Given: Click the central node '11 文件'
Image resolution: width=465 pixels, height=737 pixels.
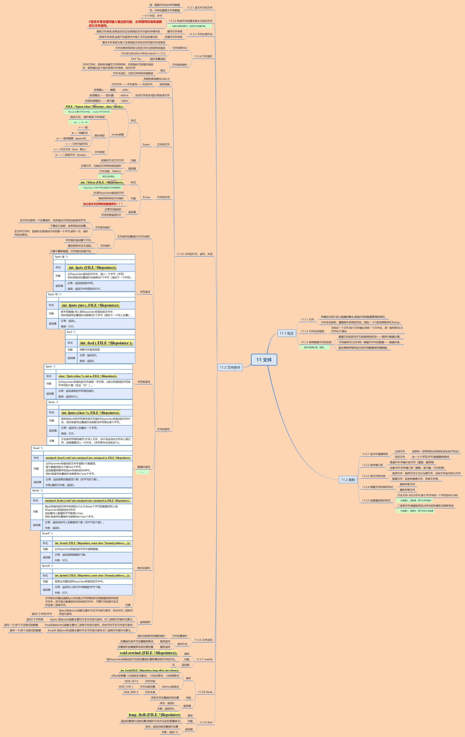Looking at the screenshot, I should coord(264,360).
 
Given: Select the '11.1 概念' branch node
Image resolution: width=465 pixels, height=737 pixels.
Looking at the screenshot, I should coord(287,333).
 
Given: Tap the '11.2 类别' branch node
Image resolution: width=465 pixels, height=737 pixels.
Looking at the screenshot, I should coord(348,480).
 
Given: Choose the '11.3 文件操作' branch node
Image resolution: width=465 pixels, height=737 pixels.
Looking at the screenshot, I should coord(230,367).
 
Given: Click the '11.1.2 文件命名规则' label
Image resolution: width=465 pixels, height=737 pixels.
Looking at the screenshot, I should coord(312,331).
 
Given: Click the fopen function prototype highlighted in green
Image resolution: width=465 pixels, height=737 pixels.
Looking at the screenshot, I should coord(94,106).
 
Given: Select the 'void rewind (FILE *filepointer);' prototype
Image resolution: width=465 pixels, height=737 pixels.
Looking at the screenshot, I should coord(148,653).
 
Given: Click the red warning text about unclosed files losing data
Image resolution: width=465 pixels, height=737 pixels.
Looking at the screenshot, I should coord(103,204).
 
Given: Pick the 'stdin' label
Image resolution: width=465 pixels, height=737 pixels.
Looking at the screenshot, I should coord(125,90).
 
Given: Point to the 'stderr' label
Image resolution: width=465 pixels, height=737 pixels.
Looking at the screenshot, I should coord(125,101).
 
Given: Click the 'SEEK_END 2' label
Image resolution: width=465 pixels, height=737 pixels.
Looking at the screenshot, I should coord(131,692).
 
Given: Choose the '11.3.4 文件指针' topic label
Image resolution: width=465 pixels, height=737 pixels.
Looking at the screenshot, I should coord(203,56).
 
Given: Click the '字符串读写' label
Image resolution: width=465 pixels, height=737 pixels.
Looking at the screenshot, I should coord(144,382).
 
